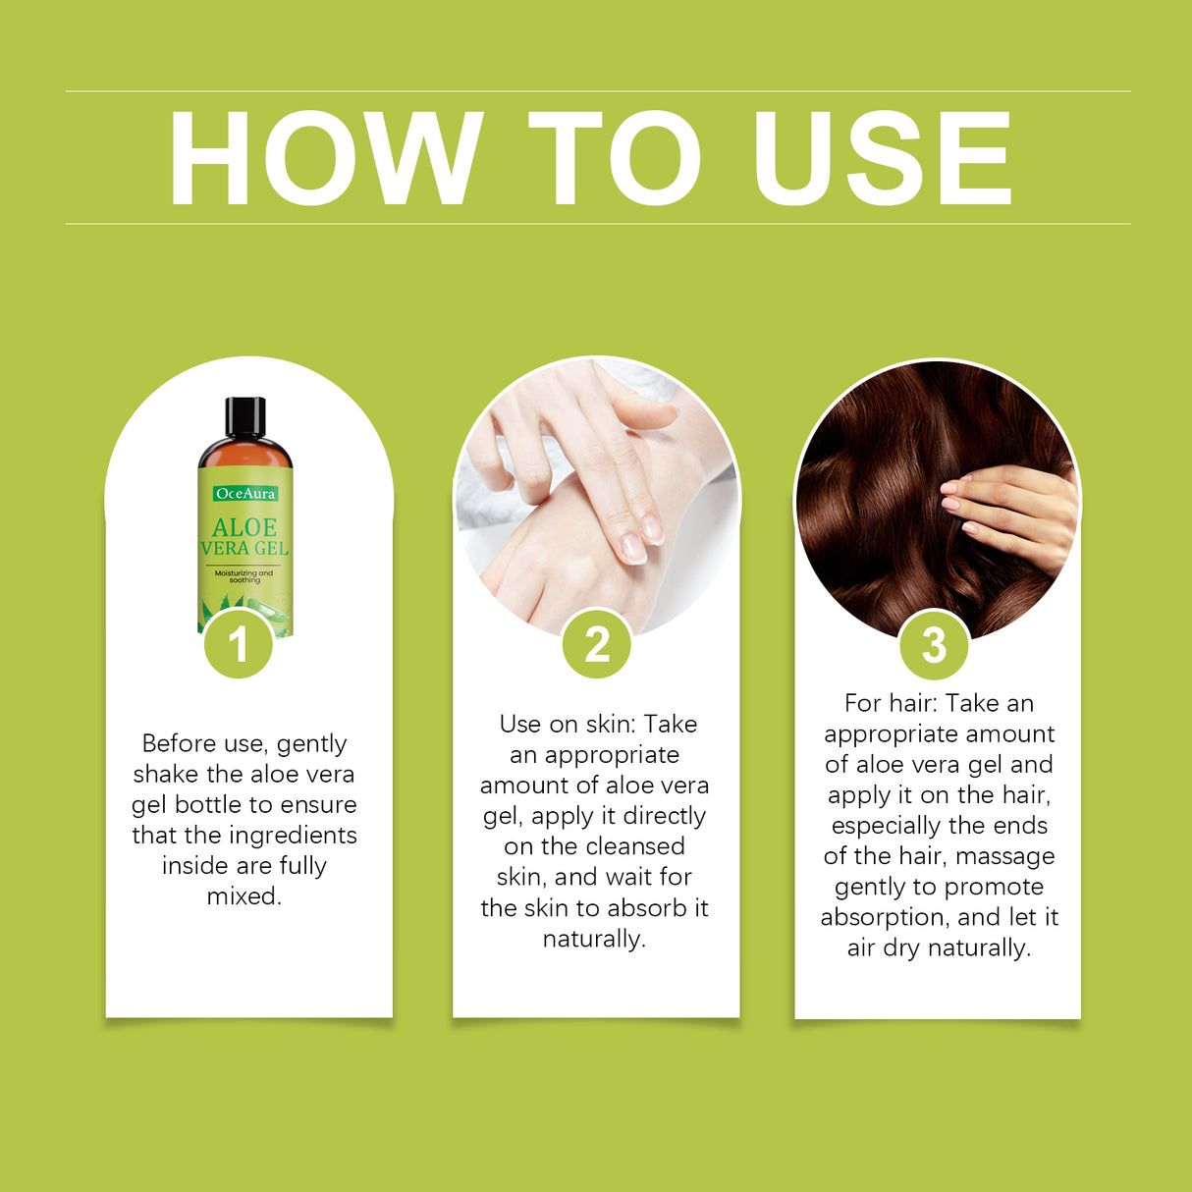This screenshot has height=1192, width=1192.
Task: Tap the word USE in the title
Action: pos(881,159)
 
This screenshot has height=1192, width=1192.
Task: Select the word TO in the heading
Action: pos(616,159)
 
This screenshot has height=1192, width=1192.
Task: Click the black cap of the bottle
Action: pos(244,416)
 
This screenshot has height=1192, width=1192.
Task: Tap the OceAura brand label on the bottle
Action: pos(245,494)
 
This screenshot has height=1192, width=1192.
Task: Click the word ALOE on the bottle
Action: pos(244,527)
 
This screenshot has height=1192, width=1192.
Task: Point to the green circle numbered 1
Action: pos(239,645)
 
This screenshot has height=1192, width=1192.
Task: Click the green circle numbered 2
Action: pos(596,645)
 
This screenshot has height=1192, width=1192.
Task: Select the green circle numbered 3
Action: pos(934,645)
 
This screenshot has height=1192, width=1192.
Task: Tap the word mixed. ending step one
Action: pos(244,896)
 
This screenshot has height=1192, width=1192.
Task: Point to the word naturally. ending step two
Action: pos(594,939)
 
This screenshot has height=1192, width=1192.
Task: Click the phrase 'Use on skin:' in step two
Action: pos(568,725)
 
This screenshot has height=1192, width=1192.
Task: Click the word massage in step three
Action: pos(1004,856)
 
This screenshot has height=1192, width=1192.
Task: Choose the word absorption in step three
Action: pos(883,917)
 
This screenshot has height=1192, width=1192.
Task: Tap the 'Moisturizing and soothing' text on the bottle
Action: pos(244,576)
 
